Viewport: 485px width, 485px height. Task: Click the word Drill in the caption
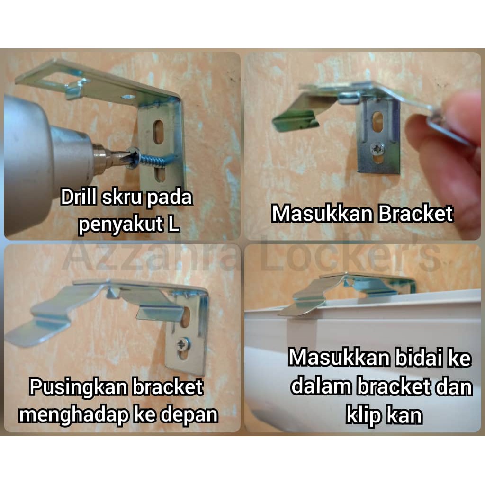[79, 197]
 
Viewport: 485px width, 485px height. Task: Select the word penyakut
[120, 224]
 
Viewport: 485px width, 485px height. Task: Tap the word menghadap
[73, 414]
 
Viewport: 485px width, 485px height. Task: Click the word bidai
[418, 358]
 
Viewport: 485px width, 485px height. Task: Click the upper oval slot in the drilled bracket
[158, 132]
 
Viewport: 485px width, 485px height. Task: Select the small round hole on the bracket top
[129, 97]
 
